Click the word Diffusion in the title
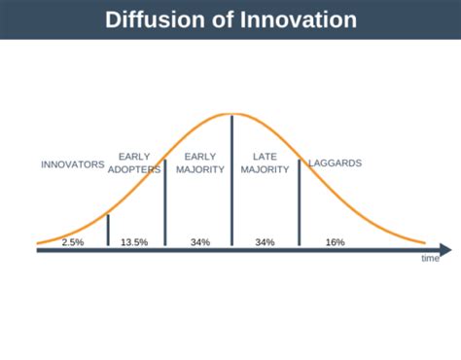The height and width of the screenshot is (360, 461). [x=153, y=19]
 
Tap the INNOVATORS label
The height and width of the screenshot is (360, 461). [x=72, y=164]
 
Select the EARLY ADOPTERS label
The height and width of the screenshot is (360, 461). [x=134, y=162]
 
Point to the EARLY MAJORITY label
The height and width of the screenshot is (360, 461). [x=200, y=162]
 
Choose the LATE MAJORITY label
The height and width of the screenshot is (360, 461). [x=266, y=162]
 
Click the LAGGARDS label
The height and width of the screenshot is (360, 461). [x=335, y=163]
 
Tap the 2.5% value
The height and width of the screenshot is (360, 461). [x=73, y=241]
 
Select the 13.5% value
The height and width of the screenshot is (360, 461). [x=134, y=241]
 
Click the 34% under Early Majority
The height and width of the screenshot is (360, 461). [x=200, y=241]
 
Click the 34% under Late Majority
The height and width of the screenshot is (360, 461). [x=265, y=241]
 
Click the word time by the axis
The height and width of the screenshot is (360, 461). [x=430, y=259]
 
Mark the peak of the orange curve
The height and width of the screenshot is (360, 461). [x=231, y=114]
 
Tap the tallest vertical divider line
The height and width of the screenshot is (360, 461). [x=231, y=180]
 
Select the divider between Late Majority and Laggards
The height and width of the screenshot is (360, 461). [x=299, y=199]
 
